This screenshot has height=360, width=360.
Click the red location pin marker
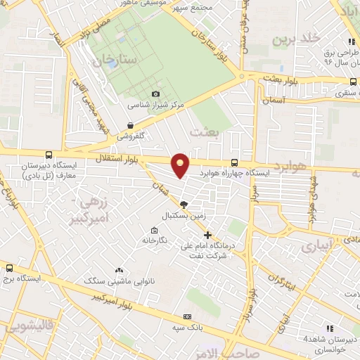click(x=181, y=165)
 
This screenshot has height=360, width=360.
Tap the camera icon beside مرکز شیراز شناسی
click(x=155, y=94)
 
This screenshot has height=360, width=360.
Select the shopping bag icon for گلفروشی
click(x=130, y=125)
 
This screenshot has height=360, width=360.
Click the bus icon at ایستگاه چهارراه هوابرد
click(x=233, y=162)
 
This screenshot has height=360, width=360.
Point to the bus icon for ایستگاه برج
click(x=9, y=267)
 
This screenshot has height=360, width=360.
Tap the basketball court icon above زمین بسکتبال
click(x=184, y=205)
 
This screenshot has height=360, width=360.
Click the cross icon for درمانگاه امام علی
click(x=207, y=235)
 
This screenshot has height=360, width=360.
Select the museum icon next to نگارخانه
click(x=154, y=230)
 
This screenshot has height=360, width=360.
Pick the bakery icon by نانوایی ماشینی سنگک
click(x=118, y=270)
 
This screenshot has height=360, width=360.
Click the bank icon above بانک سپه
click(x=188, y=316)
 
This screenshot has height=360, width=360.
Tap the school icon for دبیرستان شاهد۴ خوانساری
click(x=329, y=328)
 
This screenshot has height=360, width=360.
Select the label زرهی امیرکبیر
click(x=93, y=210)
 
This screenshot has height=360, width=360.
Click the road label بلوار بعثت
click(x=281, y=79)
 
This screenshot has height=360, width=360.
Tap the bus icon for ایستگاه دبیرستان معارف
click(x=48, y=155)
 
